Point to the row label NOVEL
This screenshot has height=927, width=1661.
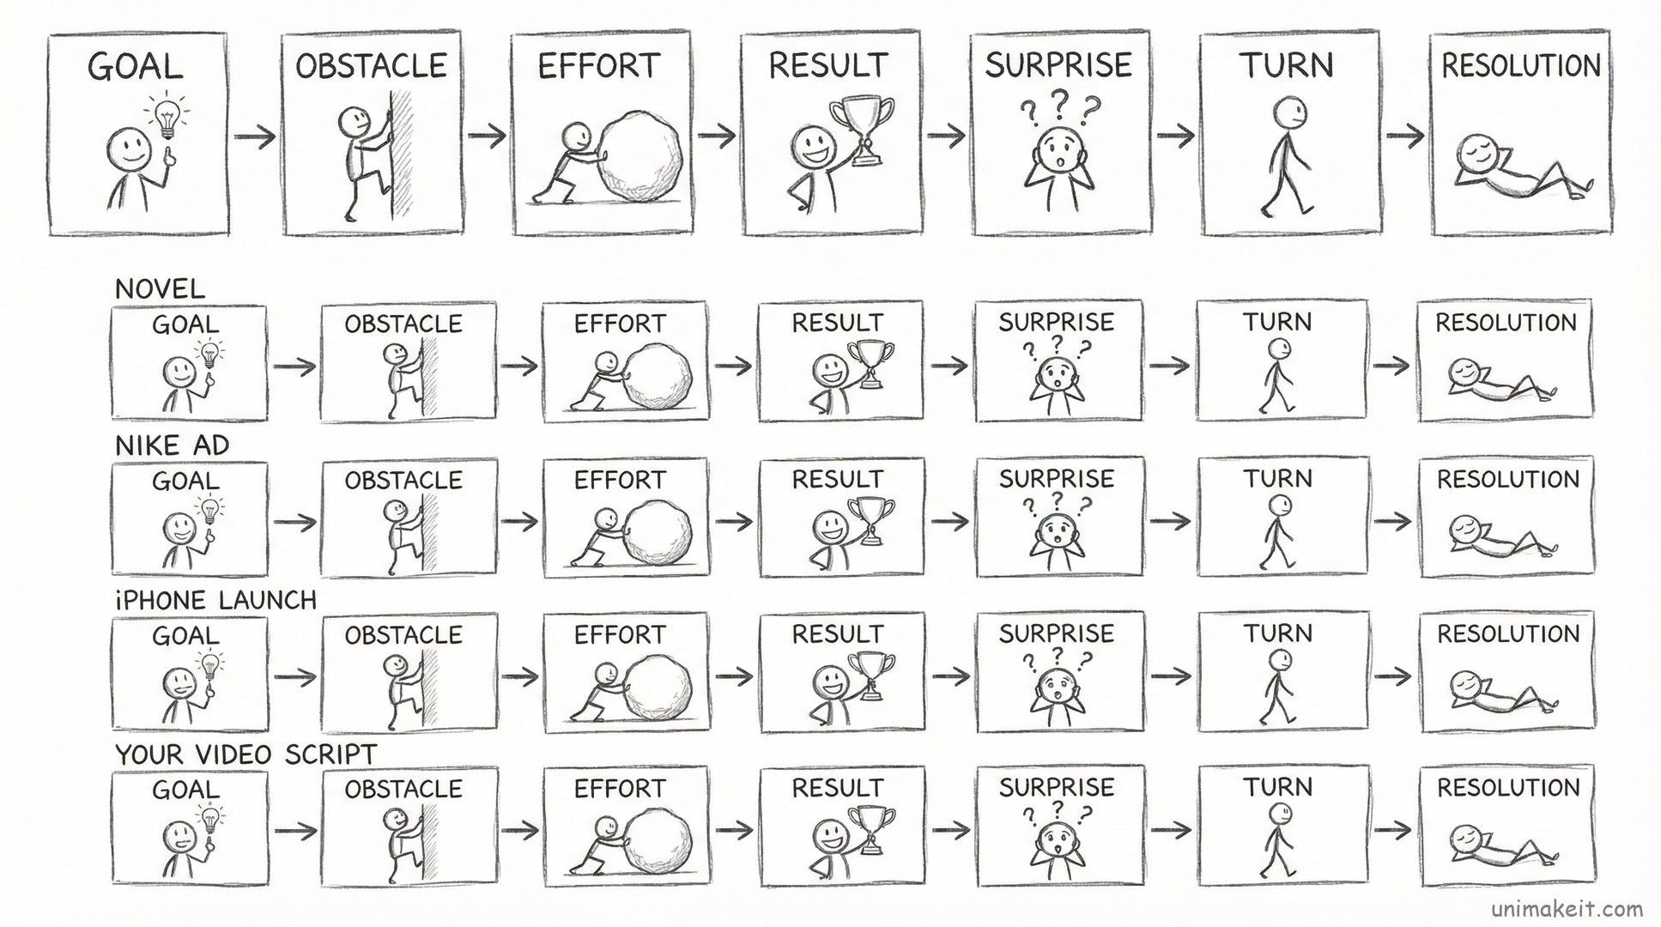(160, 288)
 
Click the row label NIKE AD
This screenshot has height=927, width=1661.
(172, 445)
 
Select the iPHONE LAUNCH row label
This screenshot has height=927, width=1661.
(215, 599)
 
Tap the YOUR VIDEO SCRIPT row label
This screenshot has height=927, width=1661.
(246, 754)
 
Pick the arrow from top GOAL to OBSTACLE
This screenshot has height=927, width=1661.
(255, 136)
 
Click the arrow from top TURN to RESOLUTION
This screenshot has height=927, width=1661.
(1404, 136)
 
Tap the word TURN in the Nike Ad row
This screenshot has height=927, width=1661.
(1278, 478)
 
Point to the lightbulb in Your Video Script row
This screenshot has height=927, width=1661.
(209, 820)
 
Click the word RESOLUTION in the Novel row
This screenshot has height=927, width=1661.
(1506, 323)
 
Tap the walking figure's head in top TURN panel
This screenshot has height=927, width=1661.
(1288, 111)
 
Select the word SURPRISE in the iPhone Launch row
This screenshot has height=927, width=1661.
(1056, 633)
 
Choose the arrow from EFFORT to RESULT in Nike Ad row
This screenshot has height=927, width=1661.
(733, 521)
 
